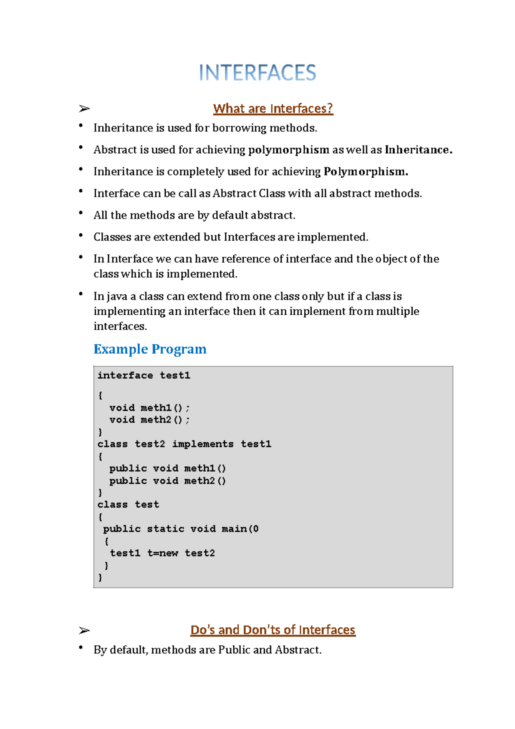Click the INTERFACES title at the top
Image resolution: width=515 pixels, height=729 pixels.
click(x=257, y=73)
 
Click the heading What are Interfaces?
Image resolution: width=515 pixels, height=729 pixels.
click(x=273, y=109)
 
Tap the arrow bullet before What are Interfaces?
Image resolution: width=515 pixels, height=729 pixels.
click(x=84, y=109)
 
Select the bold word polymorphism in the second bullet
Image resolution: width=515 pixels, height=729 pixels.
click(x=288, y=150)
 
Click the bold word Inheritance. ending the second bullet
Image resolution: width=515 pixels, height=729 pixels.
click(x=418, y=150)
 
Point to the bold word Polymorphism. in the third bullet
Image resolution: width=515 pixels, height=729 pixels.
click(x=366, y=172)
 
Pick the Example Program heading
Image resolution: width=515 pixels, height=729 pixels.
click(x=150, y=349)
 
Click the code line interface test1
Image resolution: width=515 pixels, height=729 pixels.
click(x=144, y=375)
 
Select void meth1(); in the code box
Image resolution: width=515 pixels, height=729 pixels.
click(x=149, y=407)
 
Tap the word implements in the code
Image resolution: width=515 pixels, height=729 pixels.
click(x=203, y=444)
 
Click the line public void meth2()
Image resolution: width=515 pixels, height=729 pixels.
click(x=167, y=481)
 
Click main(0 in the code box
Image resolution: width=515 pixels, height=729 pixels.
click(x=240, y=529)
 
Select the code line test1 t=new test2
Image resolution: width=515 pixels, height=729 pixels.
click(x=162, y=553)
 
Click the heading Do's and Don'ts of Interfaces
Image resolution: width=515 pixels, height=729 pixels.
click(x=273, y=630)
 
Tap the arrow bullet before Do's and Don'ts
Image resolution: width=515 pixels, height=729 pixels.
click(x=84, y=630)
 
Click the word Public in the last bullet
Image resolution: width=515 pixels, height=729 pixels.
click(x=234, y=650)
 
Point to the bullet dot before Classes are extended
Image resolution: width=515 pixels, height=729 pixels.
click(x=81, y=235)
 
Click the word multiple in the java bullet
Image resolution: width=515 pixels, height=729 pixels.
click(x=397, y=311)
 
